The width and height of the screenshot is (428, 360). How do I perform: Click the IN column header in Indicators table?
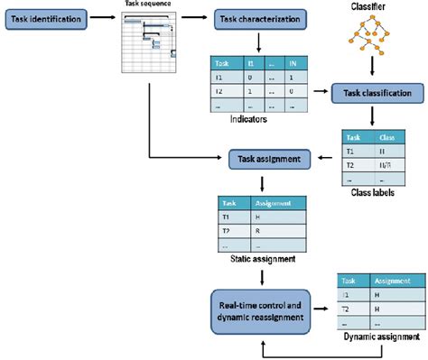coord(292,64)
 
